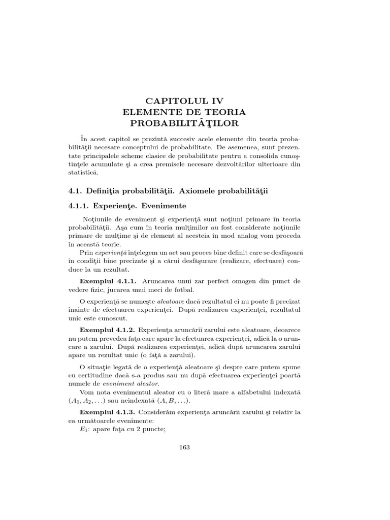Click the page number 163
(x=184, y=447)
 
